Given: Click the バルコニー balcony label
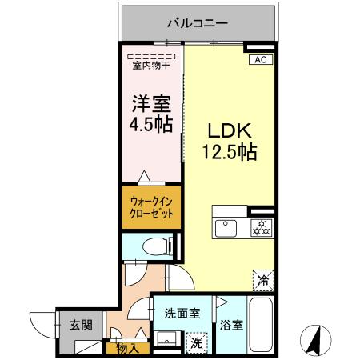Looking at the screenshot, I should [197, 22].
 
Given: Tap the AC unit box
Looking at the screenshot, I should [259, 60].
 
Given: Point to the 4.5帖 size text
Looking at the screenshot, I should [150, 124].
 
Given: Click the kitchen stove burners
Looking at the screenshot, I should [261, 226].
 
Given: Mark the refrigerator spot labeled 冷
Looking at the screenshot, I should [262, 280].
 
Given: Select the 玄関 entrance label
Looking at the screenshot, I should [79, 324].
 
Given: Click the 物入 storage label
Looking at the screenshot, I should [126, 347].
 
